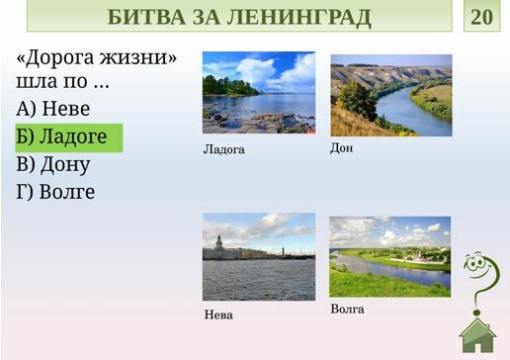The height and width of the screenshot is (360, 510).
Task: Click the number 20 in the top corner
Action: click(x=481, y=17)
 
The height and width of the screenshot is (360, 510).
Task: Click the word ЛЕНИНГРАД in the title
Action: click(x=298, y=17)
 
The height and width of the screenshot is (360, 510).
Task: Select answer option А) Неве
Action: click(x=53, y=109)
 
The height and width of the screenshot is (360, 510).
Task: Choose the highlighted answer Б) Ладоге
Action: click(x=61, y=137)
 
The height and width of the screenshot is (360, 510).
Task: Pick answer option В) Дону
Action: click(x=53, y=164)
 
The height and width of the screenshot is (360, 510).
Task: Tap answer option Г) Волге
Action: click(x=55, y=192)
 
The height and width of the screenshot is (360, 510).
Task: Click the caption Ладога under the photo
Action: click(x=224, y=150)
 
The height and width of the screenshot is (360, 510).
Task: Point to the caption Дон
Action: click(x=341, y=148)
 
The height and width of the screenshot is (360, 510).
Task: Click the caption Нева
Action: click(x=218, y=315)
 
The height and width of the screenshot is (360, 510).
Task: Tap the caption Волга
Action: click(x=347, y=310)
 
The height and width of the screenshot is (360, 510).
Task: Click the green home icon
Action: click(x=477, y=335)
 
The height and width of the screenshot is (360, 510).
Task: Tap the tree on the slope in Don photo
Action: click(x=357, y=100)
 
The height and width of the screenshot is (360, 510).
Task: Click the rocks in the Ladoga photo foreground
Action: click(x=257, y=123)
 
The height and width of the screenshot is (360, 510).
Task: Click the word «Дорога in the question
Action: click(x=55, y=58)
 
